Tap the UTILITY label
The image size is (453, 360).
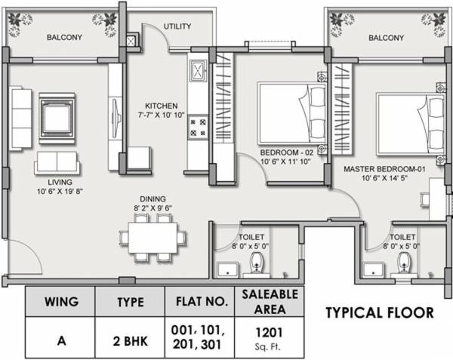point(177,26)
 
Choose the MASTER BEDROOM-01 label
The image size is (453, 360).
point(386,171)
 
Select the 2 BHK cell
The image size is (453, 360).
point(130,338)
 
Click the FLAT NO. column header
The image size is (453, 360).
point(202,302)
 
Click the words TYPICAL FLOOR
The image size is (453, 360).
point(379,312)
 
